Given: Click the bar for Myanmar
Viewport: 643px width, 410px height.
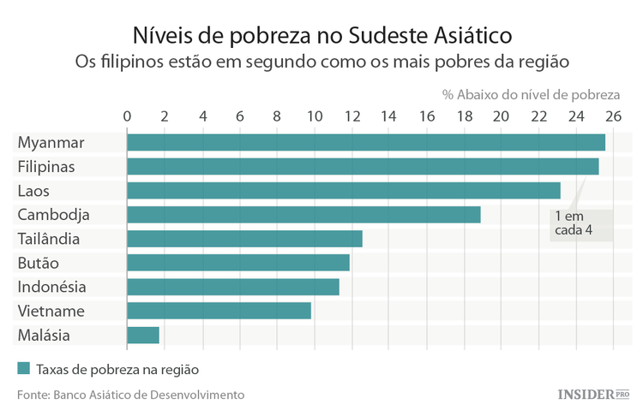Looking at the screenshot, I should [x=366, y=142].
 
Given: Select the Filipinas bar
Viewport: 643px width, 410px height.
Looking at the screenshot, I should [x=363, y=166].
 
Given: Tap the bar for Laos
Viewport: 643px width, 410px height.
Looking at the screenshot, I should [x=343, y=190].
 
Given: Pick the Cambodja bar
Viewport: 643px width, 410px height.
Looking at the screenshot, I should [x=303, y=214].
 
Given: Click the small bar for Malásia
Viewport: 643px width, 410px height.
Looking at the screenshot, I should [x=143, y=335].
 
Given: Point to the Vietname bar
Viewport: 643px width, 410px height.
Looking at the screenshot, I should [x=219, y=311].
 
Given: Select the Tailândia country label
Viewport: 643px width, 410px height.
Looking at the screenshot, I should [x=49, y=239].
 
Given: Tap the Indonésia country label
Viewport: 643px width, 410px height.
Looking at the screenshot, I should [x=51, y=287].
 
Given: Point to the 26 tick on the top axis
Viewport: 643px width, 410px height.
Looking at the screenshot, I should [x=613, y=116].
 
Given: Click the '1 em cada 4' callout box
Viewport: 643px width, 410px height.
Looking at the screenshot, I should [x=581, y=224].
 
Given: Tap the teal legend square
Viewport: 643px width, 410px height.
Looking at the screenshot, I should [x=23, y=369].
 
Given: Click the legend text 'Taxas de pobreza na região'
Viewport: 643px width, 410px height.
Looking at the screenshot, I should [x=117, y=370].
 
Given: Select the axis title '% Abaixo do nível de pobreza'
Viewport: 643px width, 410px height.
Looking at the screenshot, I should [x=531, y=94].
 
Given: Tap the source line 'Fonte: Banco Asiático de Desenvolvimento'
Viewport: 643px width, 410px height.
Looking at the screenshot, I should [x=130, y=395].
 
